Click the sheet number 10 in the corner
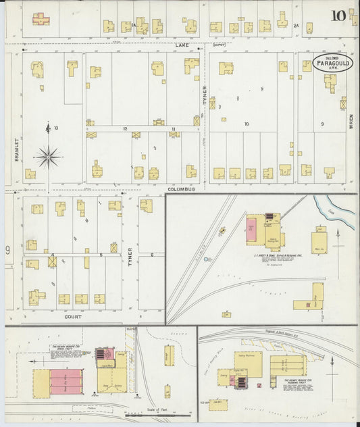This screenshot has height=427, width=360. (339, 15)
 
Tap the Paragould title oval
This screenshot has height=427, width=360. (333, 62)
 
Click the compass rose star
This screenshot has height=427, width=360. (48, 157)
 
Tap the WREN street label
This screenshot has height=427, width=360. (351, 122)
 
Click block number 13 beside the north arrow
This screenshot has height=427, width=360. (57, 128)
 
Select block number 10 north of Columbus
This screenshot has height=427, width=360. (247, 124)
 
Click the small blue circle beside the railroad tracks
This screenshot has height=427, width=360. (207, 259)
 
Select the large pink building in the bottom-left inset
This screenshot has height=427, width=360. (66, 382)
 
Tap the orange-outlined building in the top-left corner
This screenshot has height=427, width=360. (41, 19)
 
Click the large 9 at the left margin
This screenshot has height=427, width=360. (8, 251)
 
